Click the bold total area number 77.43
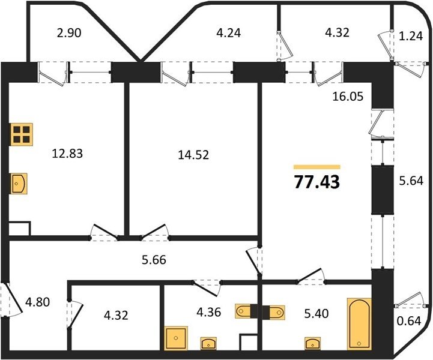click(x=317, y=182)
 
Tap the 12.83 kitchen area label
click(x=67, y=154)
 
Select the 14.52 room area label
click(x=193, y=155)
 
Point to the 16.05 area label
click(x=348, y=97)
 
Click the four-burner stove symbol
click(x=22, y=134)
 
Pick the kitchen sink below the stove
click(x=19, y=184)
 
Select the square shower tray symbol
click(x=176, y=338)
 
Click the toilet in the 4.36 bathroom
click(x=243, y=311)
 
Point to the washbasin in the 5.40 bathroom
click(x=313, y=343)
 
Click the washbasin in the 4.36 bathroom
click(x=208, y=343)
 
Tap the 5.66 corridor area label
click(x=154, y=260)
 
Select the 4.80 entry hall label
click(x=37, y=302)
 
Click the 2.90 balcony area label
click(x=69, y=33)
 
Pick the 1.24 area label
click(x=411, y=36)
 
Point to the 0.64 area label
click(x=409, y=321)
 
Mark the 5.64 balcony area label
click(x=411, y=181)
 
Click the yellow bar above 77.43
click(x=317, y=167)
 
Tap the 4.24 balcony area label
click(x=228, y=33)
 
